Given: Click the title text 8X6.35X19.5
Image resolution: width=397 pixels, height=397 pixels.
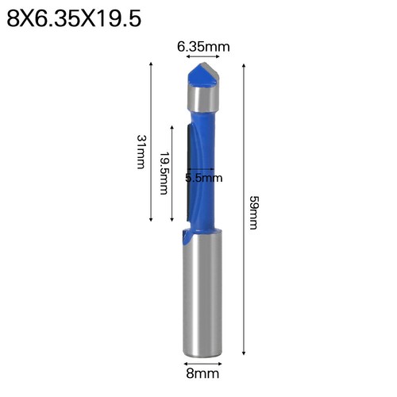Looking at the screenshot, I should click(74, 17).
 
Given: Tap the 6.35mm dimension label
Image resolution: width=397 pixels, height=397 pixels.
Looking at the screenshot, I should click(202, 47).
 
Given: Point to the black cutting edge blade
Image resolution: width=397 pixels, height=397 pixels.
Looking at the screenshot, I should click(187, 171).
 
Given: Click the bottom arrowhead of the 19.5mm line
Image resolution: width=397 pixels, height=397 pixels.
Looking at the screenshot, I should click(171, 220).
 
